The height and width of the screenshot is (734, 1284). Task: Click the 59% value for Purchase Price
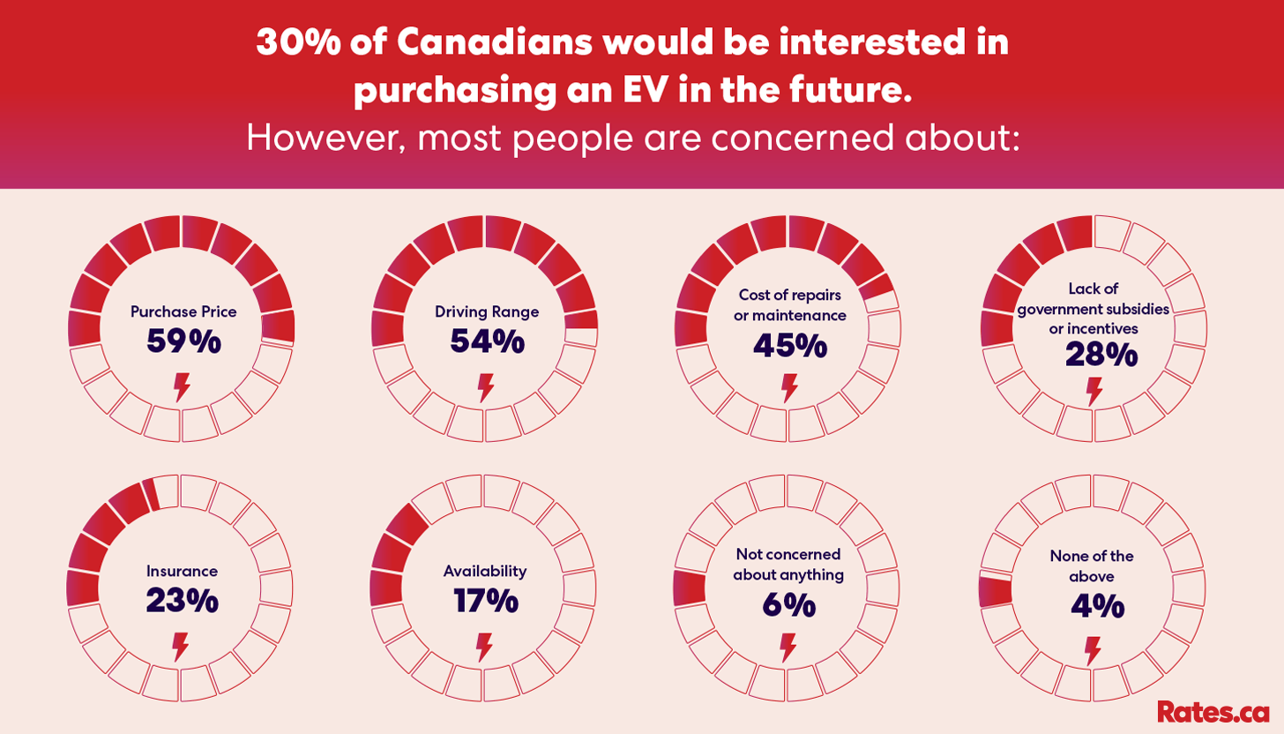[x=183, y=341]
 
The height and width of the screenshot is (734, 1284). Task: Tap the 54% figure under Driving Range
[x=487, y=341]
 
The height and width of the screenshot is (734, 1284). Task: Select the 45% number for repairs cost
[x=790, y=346]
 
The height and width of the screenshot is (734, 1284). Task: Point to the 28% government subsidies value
[x=1101, y=355]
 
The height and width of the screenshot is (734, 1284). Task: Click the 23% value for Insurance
[x=183, y=601]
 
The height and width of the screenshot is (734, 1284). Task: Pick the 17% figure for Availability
[x=486, y=601]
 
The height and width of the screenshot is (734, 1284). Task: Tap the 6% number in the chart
[x=788, y=605]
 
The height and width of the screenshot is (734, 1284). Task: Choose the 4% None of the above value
[x=1097, y=606]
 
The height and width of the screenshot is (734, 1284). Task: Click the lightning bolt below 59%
[x=182, y=387]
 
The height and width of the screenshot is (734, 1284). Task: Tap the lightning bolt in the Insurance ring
[x=181, y=647]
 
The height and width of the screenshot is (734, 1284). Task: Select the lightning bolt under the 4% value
[x=1094, y=651]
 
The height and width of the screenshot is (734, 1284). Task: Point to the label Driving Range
[x=487, y=312]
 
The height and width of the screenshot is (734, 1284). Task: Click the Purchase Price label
[x=183, y=311]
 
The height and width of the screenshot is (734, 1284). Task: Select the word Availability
[x=485, y=571]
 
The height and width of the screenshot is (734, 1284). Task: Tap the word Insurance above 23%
[x=182, y=571]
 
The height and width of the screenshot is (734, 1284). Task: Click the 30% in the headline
[x=299, y=42]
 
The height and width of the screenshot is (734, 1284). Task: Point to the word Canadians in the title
[x=494, y=42]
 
